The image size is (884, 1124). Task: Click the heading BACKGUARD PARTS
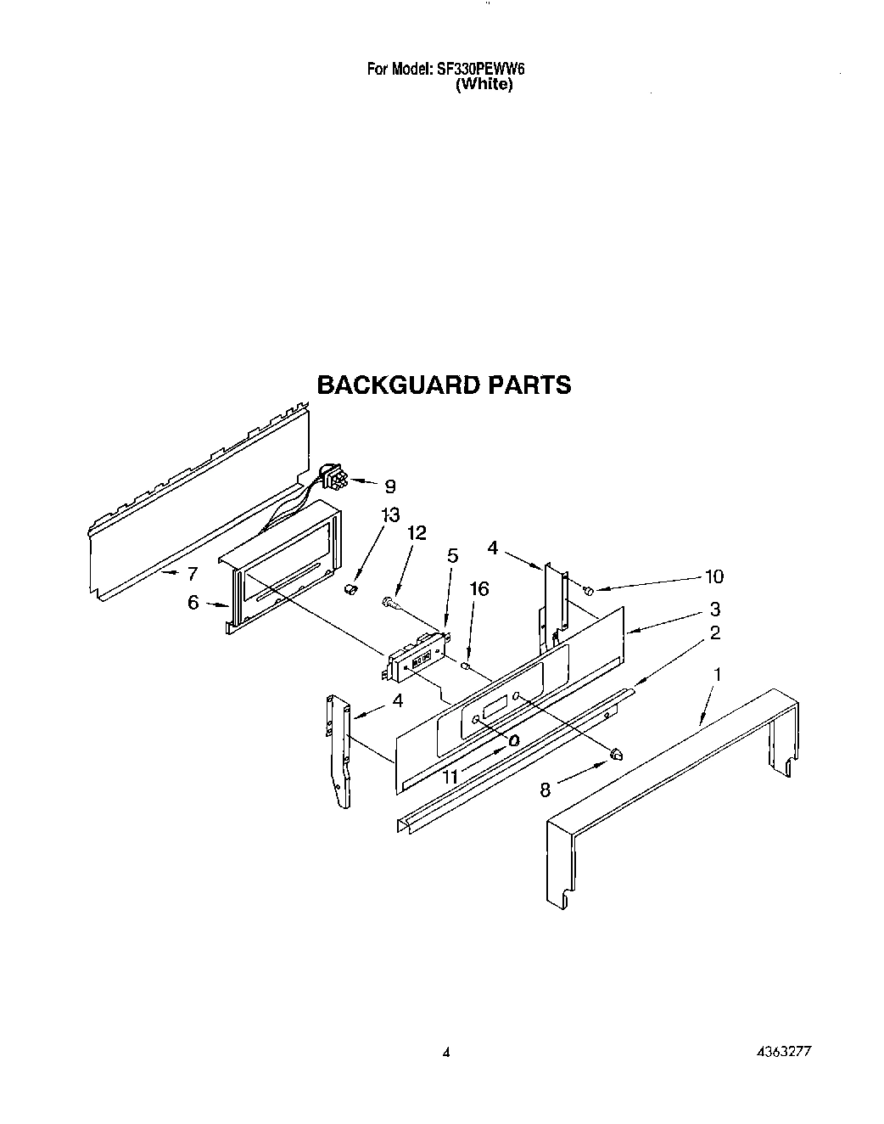444,385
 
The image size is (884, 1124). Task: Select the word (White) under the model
484,85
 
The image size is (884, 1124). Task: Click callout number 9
389,486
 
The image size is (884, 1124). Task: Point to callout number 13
366,515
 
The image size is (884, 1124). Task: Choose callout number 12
417,532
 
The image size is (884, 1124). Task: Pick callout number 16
479,588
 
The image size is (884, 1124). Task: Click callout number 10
713,576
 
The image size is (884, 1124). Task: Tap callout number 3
715,609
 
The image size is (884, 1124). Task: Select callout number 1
718,675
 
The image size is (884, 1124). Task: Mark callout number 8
546,790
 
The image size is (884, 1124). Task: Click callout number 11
450,776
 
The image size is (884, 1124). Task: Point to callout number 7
193,573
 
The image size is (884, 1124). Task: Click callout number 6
193,602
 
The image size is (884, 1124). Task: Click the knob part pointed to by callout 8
617,752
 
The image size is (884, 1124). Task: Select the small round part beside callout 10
588,590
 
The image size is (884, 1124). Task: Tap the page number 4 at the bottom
446,1052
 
